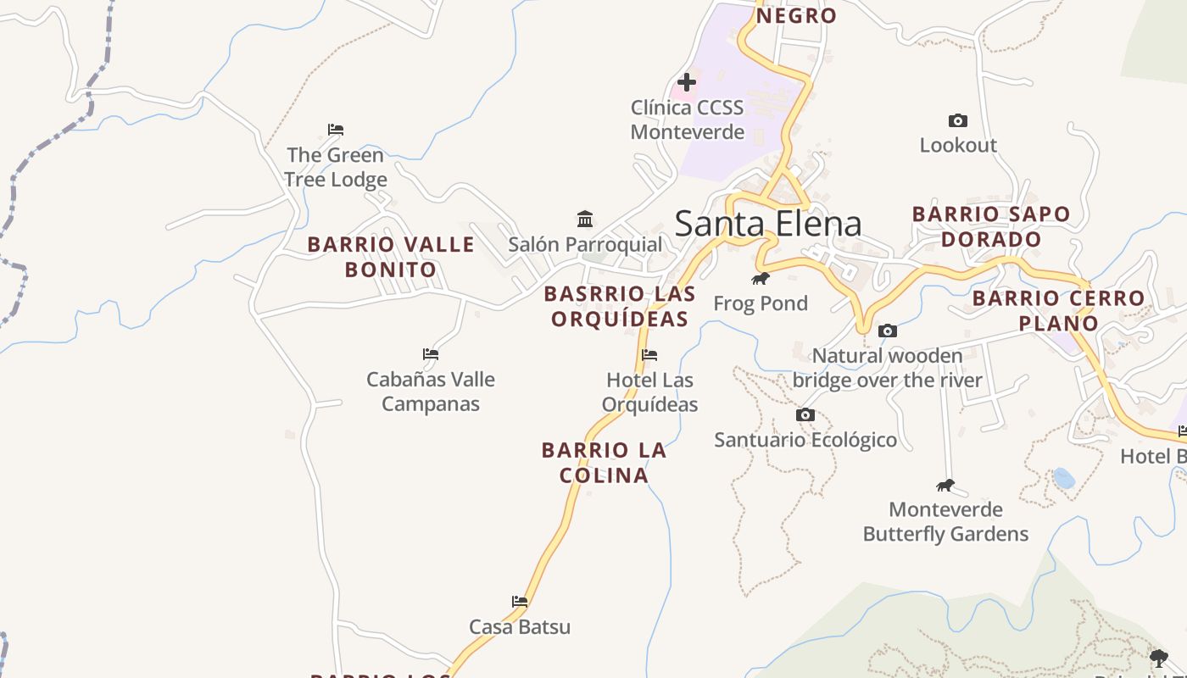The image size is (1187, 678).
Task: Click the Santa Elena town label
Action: [x=768, y=224]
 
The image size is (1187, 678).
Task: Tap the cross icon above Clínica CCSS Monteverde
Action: [x=687, y=82]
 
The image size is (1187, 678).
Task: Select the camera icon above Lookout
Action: [x=958, y=121]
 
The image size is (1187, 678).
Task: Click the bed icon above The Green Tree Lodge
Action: [x=336, y=130]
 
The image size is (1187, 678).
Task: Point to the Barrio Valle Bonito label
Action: [x=391, y=257]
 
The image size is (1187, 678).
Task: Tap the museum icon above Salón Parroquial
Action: [x=585, y=220]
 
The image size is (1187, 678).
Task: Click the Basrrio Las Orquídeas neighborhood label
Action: [x=620, y=306]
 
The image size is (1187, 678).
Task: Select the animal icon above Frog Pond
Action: [x=761, y=278]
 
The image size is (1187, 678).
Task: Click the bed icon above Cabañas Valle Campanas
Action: [x=431, y=354]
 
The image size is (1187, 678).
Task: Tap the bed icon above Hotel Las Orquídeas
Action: [x=649, y=355]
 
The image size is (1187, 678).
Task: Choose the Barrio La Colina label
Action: [x=604, y=463]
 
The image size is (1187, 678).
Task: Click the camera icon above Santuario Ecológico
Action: [x=805, y=415]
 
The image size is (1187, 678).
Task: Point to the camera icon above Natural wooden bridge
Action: [x=888, y=331]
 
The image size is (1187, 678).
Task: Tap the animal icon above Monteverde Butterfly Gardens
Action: [x=945, y=486]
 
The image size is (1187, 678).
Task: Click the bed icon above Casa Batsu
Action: [x=520, y=602]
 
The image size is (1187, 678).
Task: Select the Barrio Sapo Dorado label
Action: [x=991, y=226]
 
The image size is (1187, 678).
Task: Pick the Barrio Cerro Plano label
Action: [x=1058, y=310]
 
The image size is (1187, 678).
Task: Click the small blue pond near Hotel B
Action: [x=1063, y=478]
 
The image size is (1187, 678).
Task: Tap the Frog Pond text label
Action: [x=761, y=303]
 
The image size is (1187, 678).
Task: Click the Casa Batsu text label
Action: [x=520, y=627]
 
